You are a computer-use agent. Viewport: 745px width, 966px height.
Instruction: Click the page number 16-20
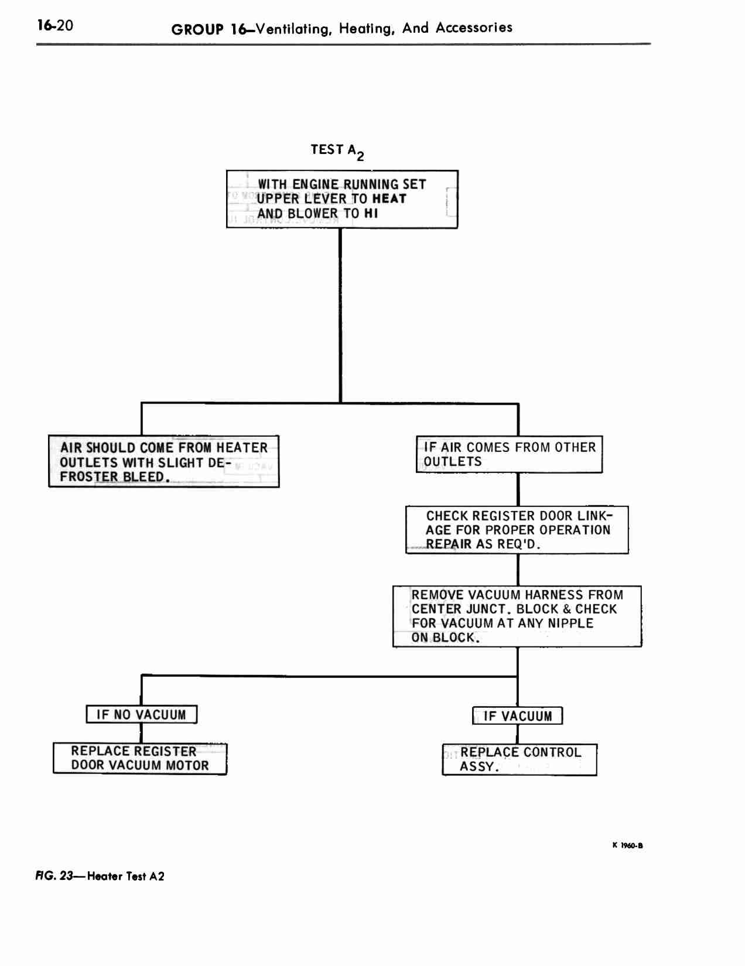[x=55, y=25]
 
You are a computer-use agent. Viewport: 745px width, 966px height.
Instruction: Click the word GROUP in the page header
[x=197, y=30]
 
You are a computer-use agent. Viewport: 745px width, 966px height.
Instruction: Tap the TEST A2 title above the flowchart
[x=337, y=152]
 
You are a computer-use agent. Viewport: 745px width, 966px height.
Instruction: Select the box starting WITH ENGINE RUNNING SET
[x=342, y=199]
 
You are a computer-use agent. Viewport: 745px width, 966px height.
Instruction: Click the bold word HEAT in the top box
[x=389, y=198]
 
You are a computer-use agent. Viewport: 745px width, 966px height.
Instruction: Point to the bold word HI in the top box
[x=371, y=213]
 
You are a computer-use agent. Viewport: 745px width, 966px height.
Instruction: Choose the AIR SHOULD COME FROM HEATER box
[x=163, y=461]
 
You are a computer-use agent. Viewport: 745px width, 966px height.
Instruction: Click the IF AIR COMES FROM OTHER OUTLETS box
[x=510, y=454]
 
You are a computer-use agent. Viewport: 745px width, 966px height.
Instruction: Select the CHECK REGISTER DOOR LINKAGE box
[x=517, y=530]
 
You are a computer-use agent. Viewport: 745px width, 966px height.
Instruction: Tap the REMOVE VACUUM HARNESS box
[x=517, y=616]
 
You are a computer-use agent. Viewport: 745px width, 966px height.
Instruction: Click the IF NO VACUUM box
[x=141, y=714]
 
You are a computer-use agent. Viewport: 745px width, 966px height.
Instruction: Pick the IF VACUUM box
[x=517, y=716]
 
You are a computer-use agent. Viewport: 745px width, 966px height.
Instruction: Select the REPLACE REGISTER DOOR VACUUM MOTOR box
[x=140, y=758]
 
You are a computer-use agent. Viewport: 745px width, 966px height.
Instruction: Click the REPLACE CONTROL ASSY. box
[x=520, y=760]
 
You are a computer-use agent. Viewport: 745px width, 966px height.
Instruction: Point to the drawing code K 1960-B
[x=628, y=845]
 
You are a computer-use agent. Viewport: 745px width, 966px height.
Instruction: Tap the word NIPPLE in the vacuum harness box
[x=570, y=624]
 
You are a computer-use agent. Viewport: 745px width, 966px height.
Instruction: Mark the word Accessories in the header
[x=474, y=28]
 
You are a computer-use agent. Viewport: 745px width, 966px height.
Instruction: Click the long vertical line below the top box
[x=340, y=316]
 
